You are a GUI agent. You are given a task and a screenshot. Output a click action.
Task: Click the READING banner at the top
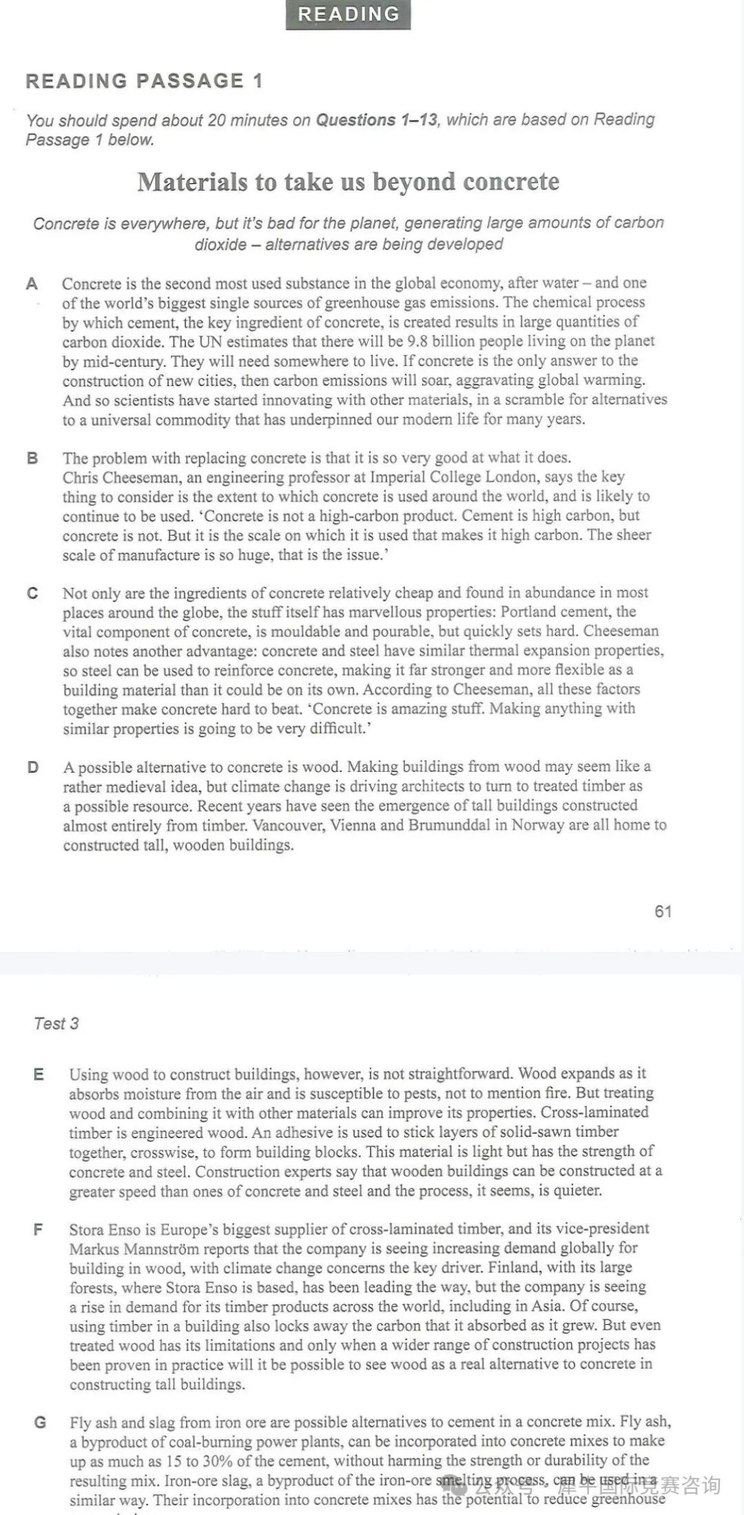(348, 14)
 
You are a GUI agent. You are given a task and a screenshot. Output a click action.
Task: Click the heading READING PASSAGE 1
(144, 81)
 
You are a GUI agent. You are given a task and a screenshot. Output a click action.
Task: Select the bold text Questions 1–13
(376, 120)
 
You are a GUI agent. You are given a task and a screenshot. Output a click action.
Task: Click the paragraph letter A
(32, 284)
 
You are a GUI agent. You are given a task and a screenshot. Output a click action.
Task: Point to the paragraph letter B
(32, 458)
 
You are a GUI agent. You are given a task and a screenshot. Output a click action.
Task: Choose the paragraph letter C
(32, 593)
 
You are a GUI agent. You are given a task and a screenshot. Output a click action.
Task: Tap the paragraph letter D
(32, 767)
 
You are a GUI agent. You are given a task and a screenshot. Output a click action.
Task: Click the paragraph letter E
(39, 1074)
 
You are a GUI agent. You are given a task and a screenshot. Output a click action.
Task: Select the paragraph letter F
(39, 1229)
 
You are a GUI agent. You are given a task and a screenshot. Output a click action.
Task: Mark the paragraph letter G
(40, 1422)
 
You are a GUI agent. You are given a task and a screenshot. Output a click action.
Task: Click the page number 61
(663, 911)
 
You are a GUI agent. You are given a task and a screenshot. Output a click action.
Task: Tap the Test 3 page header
(56, 1024)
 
